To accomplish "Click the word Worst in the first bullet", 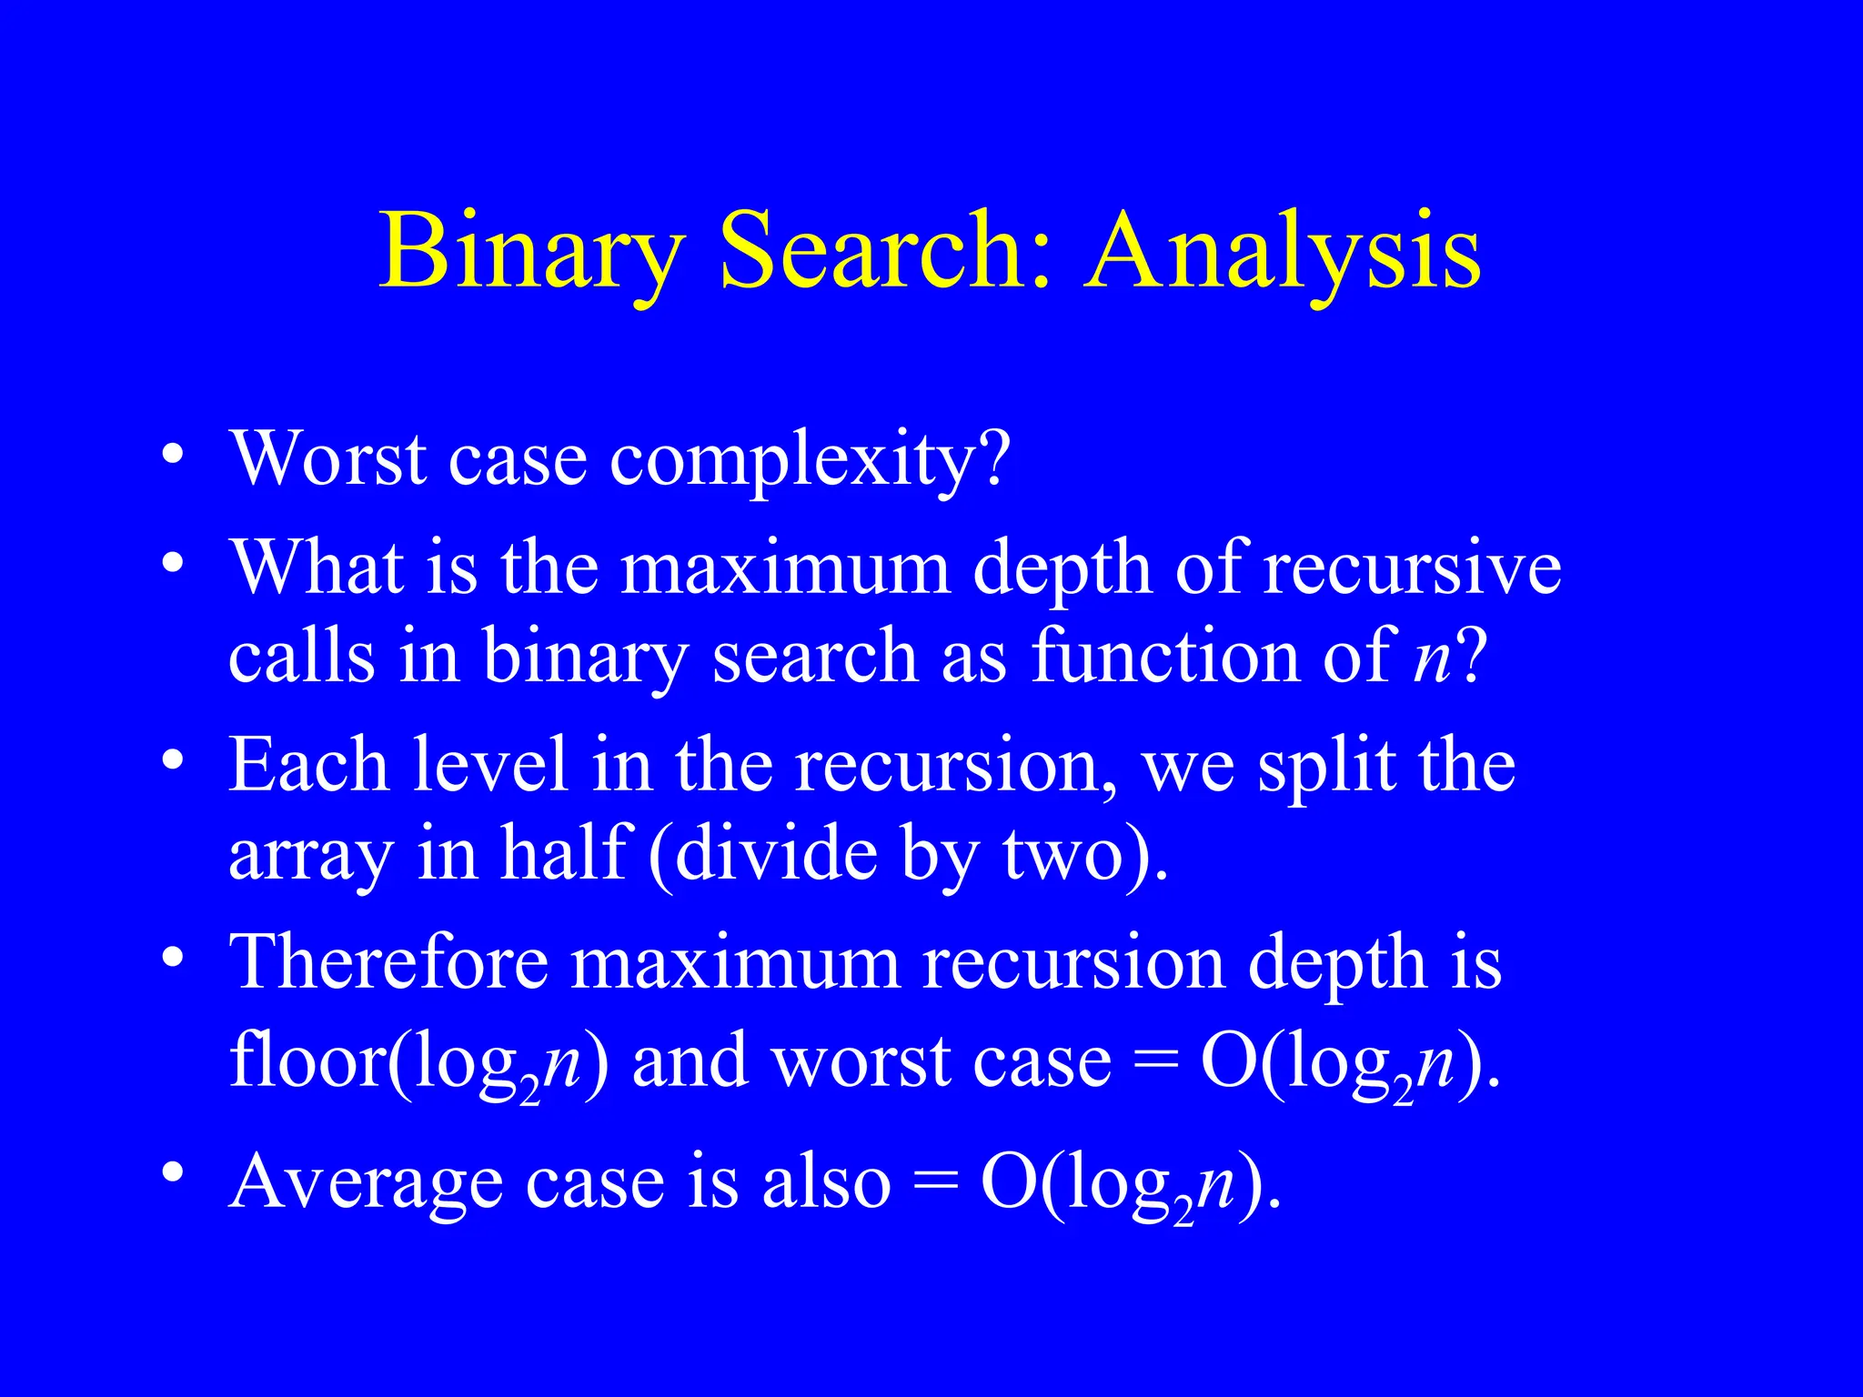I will [x=328, y=459].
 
